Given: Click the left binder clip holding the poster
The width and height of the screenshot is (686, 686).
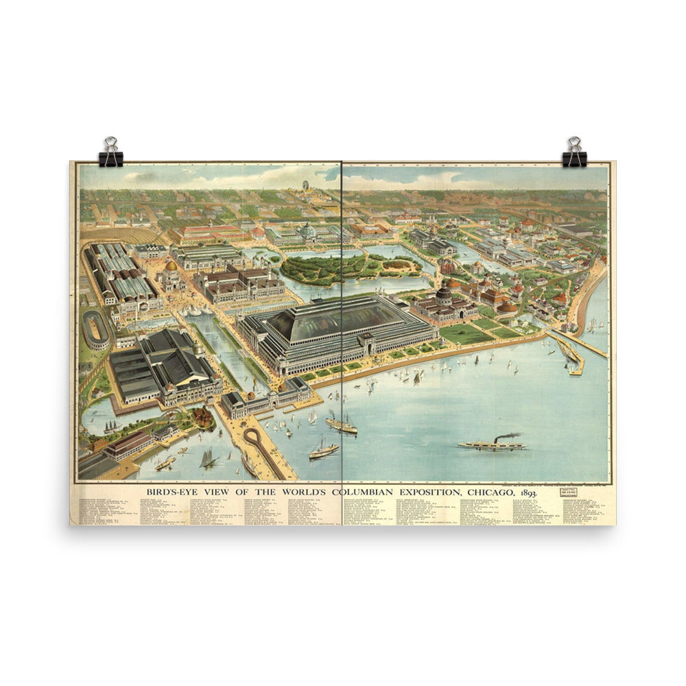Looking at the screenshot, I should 110,153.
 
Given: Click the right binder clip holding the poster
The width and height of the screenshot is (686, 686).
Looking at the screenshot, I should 574,152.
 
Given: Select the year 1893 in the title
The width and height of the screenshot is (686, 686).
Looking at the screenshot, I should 528,493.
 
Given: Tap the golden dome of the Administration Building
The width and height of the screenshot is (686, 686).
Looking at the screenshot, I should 171,265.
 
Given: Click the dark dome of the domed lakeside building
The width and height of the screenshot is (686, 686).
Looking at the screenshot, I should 444,294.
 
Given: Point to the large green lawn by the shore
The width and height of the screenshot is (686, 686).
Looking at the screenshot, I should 466,334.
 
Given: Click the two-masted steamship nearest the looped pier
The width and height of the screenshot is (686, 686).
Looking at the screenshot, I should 324,449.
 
